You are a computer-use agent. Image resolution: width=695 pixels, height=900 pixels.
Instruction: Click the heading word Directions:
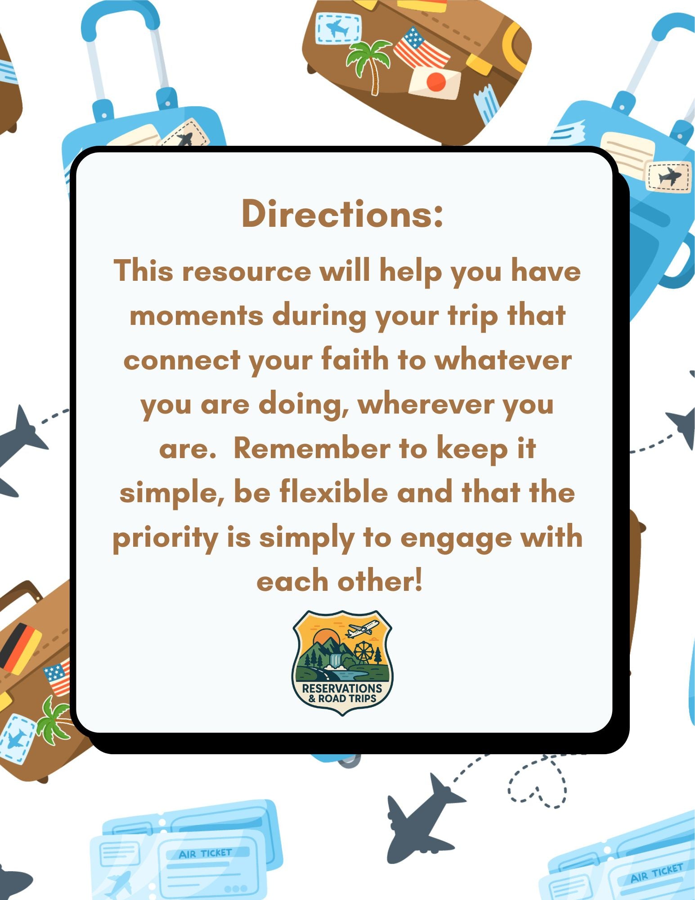pos(342,214)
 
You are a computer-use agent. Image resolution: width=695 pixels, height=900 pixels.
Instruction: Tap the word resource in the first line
pos(246,271)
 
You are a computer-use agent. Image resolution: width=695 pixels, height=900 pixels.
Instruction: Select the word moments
pos(196,315)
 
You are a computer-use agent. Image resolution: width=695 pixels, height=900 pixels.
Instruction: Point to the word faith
pos(355,360)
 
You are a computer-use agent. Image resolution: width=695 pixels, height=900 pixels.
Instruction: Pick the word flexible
pos(333,492)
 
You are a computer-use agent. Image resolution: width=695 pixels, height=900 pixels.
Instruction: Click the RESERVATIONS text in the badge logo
pos(342,688)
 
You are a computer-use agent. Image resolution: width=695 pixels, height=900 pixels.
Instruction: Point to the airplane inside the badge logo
pos(362,629)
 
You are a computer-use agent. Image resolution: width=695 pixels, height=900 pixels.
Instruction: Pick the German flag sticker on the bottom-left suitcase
pos(20,648)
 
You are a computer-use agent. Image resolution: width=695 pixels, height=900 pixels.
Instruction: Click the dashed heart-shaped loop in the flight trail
pos(538,783)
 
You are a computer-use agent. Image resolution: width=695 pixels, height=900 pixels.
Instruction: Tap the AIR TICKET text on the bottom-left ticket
pos(205,854)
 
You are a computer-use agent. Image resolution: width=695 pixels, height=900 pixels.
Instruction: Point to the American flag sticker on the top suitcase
pos(421,49)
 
